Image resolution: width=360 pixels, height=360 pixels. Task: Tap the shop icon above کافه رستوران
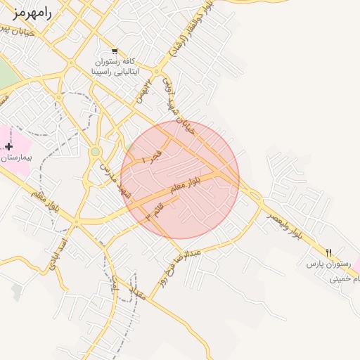(114, 51)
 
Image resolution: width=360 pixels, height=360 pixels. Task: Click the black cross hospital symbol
(8, 146)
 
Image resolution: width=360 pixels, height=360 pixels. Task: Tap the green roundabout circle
(95, 151)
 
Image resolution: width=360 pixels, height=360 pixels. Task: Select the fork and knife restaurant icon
(328, 252)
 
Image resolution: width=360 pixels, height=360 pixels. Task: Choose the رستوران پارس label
(326, 265)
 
